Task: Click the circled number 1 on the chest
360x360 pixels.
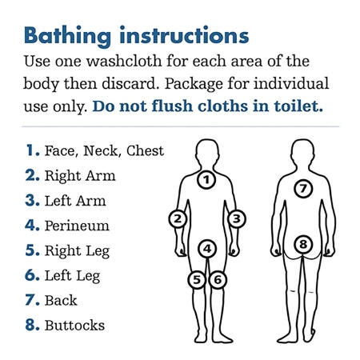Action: tap(206, 180)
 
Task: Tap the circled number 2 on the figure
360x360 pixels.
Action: tap(178, 219)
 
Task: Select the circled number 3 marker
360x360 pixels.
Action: tap(237, 219)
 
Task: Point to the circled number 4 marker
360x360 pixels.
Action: tap(207, 249)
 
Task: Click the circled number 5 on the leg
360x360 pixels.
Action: tap(197, 280)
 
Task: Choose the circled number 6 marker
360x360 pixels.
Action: tap(218, 280)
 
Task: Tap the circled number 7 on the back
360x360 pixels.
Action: tap(303, 189)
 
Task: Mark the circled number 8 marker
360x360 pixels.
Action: tap(303, 244)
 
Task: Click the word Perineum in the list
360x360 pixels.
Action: tap(77, 226)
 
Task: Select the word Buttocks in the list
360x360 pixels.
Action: tap(74, 326)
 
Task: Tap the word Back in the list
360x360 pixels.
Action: tap(61, 301)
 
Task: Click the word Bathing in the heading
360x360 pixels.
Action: tap(68, 36)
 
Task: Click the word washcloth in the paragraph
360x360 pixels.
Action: tap(124, 61)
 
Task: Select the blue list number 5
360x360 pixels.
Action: tap(32, 250)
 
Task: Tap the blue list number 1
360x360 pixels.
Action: tap(33, 150)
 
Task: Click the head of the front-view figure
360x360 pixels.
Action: tap(207, 154)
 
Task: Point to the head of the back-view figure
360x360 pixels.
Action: tap(302, 154)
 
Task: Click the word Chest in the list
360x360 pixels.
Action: tap(145, 150)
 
